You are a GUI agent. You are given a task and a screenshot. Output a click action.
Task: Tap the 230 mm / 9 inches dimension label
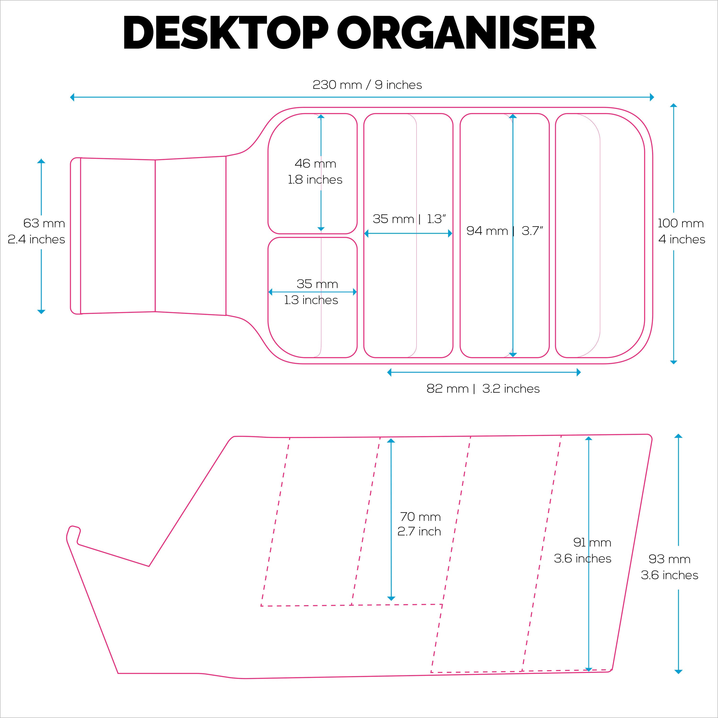pyautogui.click(x=367, y=85)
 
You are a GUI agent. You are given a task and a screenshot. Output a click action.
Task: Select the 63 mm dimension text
pyautogui.click(x=44, y=223)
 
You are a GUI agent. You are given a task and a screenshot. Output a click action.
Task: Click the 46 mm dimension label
pyautogui.click(x=315, y=163)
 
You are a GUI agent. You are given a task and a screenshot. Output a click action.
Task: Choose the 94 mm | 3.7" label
pyautogui.click(x=504, y=231)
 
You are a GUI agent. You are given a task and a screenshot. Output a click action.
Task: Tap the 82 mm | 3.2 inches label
pyautogui.click(x=483, y=389)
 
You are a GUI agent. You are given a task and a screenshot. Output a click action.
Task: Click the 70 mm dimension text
pyautogui.click(x=420, y=516)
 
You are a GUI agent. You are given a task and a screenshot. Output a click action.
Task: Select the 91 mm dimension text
pyautogui.click(x=592, y=543)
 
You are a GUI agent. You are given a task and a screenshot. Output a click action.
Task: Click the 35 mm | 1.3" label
pyautogui.click(x=409, y=219)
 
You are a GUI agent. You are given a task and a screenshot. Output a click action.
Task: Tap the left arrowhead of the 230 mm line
pyautogui.click(x=72, y=97)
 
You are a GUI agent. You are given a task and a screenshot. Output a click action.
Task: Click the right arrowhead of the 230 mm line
pyautogui.click(x=652, y=97)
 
